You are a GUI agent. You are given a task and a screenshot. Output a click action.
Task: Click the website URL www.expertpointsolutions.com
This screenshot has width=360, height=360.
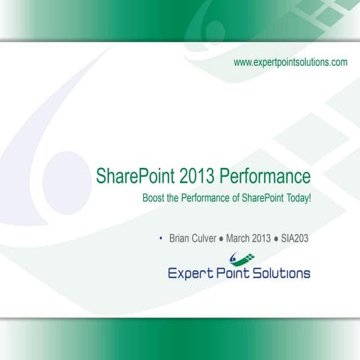pos(290,62)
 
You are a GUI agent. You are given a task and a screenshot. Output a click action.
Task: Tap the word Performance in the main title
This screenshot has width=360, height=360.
pos(265,177)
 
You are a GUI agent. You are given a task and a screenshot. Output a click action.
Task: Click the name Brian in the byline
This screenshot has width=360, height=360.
pos(181,238)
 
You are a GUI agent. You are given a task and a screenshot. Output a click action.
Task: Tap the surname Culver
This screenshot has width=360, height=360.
pos(206,238)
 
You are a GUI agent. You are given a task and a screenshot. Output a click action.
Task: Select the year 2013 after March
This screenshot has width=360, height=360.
pos(262,238)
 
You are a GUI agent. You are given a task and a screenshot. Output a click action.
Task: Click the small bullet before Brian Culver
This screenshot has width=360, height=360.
pos(161,238)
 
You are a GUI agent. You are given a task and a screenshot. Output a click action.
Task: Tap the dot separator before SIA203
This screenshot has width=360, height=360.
pos(277,238)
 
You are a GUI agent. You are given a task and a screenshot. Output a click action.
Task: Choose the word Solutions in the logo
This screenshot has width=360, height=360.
pos(281,273)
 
